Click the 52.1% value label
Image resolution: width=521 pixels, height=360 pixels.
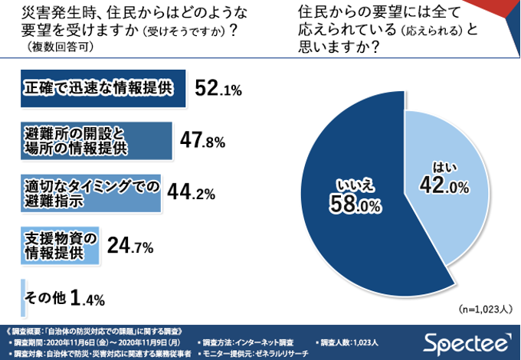(x=218, y=90)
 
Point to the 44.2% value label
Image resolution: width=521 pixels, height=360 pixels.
(x=190, y=194)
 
